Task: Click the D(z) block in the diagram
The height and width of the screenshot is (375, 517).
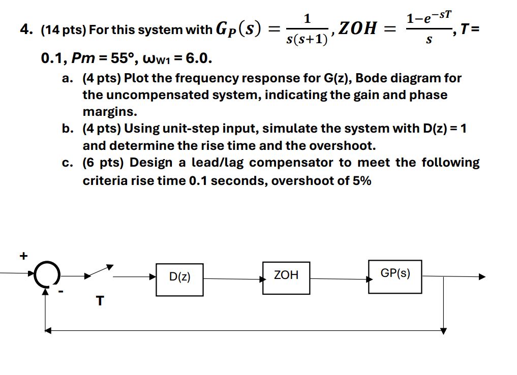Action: tap(179, 278)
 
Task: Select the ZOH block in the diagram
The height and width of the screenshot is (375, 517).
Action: tap(286, 277)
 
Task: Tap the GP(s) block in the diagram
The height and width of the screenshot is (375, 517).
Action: tap(395, 276)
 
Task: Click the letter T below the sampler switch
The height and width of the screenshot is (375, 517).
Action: tap(100, 301)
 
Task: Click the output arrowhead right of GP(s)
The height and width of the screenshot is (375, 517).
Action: tap(481, 277)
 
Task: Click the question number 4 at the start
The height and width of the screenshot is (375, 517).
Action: tap(23, 30)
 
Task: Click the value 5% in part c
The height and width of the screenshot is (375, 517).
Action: tap(361, 180)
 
